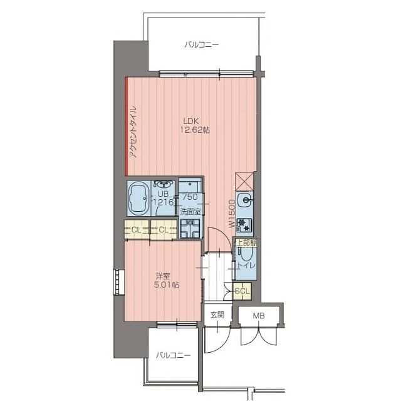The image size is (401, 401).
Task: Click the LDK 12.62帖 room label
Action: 195,125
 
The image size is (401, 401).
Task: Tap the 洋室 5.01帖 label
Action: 167,281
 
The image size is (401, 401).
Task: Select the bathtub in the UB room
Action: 139,198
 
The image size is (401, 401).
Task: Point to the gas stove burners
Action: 244,226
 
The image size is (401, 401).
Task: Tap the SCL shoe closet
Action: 242,291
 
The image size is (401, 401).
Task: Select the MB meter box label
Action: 259,316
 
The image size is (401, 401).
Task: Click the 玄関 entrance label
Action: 217,315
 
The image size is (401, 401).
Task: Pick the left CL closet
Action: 137,230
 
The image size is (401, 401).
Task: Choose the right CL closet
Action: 164,230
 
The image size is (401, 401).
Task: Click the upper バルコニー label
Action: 202,45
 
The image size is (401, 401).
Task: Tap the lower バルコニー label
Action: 174,355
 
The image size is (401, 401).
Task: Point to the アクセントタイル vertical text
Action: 133,133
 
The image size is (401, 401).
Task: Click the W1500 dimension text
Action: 232,214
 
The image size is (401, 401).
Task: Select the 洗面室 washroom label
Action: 190,212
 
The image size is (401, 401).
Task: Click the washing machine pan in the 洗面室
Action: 190,229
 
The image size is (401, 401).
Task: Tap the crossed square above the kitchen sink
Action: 244,181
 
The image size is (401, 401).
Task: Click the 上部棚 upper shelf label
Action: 246,242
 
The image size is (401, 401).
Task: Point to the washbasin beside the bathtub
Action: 163,184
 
